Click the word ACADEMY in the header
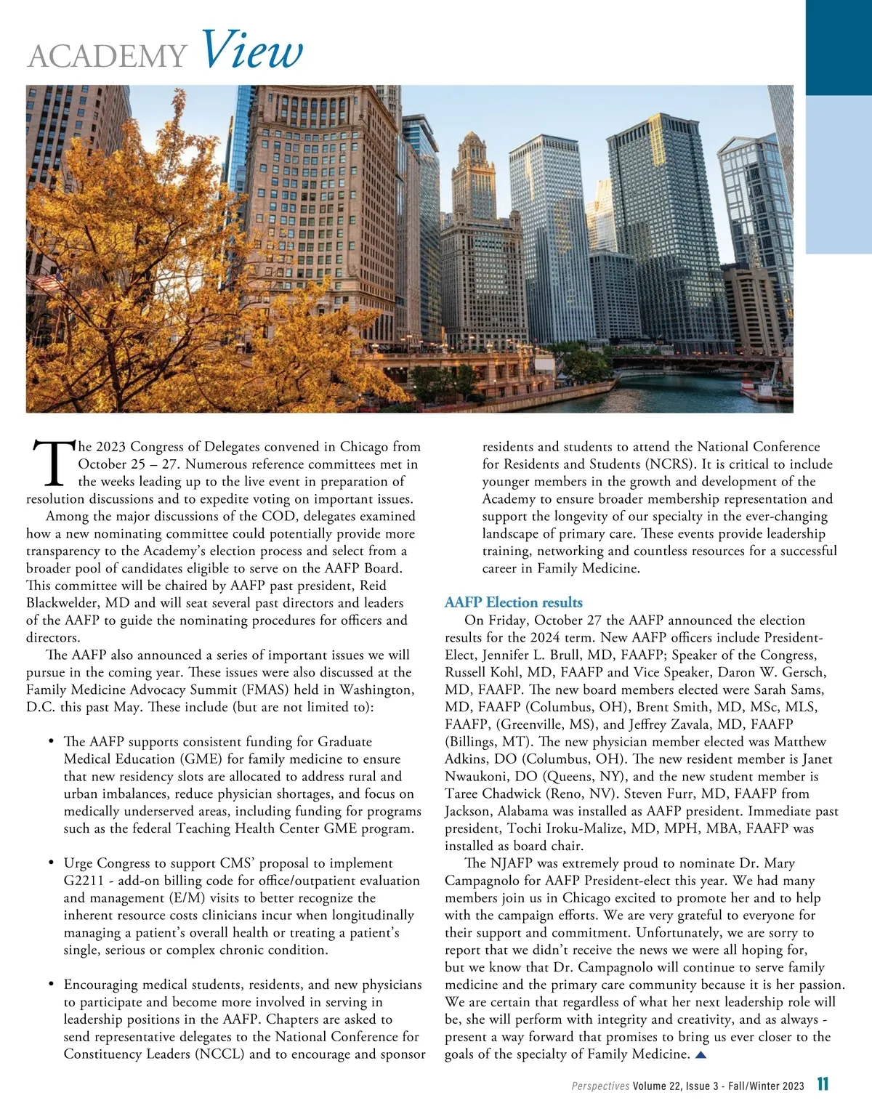tap(108, 57)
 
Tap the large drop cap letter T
tap(51, 464)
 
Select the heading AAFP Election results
tap(513, 602)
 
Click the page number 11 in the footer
tap(823, 1085)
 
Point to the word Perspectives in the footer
tap(600, 1086)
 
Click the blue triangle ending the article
tap(701, 1054)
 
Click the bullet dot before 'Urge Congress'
tap(51, 863)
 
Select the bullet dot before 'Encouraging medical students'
tap(51, 985)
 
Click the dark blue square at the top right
tap(839, 47)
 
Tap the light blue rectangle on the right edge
tap(839, 174)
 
